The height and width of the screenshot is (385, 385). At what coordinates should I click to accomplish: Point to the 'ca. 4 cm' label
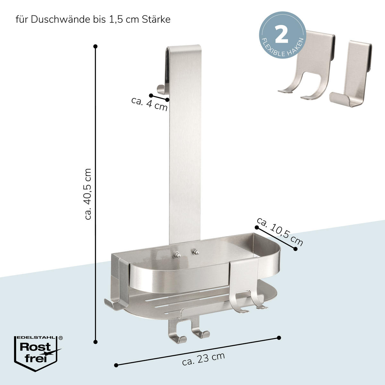(149, 104)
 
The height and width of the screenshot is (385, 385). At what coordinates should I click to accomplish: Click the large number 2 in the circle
(281, 34)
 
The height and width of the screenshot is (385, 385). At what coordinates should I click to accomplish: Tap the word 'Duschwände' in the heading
(60, 20)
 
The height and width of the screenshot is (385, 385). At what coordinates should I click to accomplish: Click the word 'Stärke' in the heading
(156, 20)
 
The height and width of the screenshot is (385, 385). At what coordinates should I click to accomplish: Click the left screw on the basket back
(177, 255)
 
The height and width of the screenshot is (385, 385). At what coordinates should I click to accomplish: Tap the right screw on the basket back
(195, 252)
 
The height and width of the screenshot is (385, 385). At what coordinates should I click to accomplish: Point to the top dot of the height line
(96, 47)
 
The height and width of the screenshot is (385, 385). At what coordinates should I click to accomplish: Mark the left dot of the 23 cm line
(116, 365)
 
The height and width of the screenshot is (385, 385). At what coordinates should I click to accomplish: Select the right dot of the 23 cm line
(279, 338)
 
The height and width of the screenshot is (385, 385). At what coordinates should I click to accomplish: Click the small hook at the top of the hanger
(161, 90)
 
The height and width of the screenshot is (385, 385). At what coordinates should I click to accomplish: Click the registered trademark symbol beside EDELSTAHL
(61, 338)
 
